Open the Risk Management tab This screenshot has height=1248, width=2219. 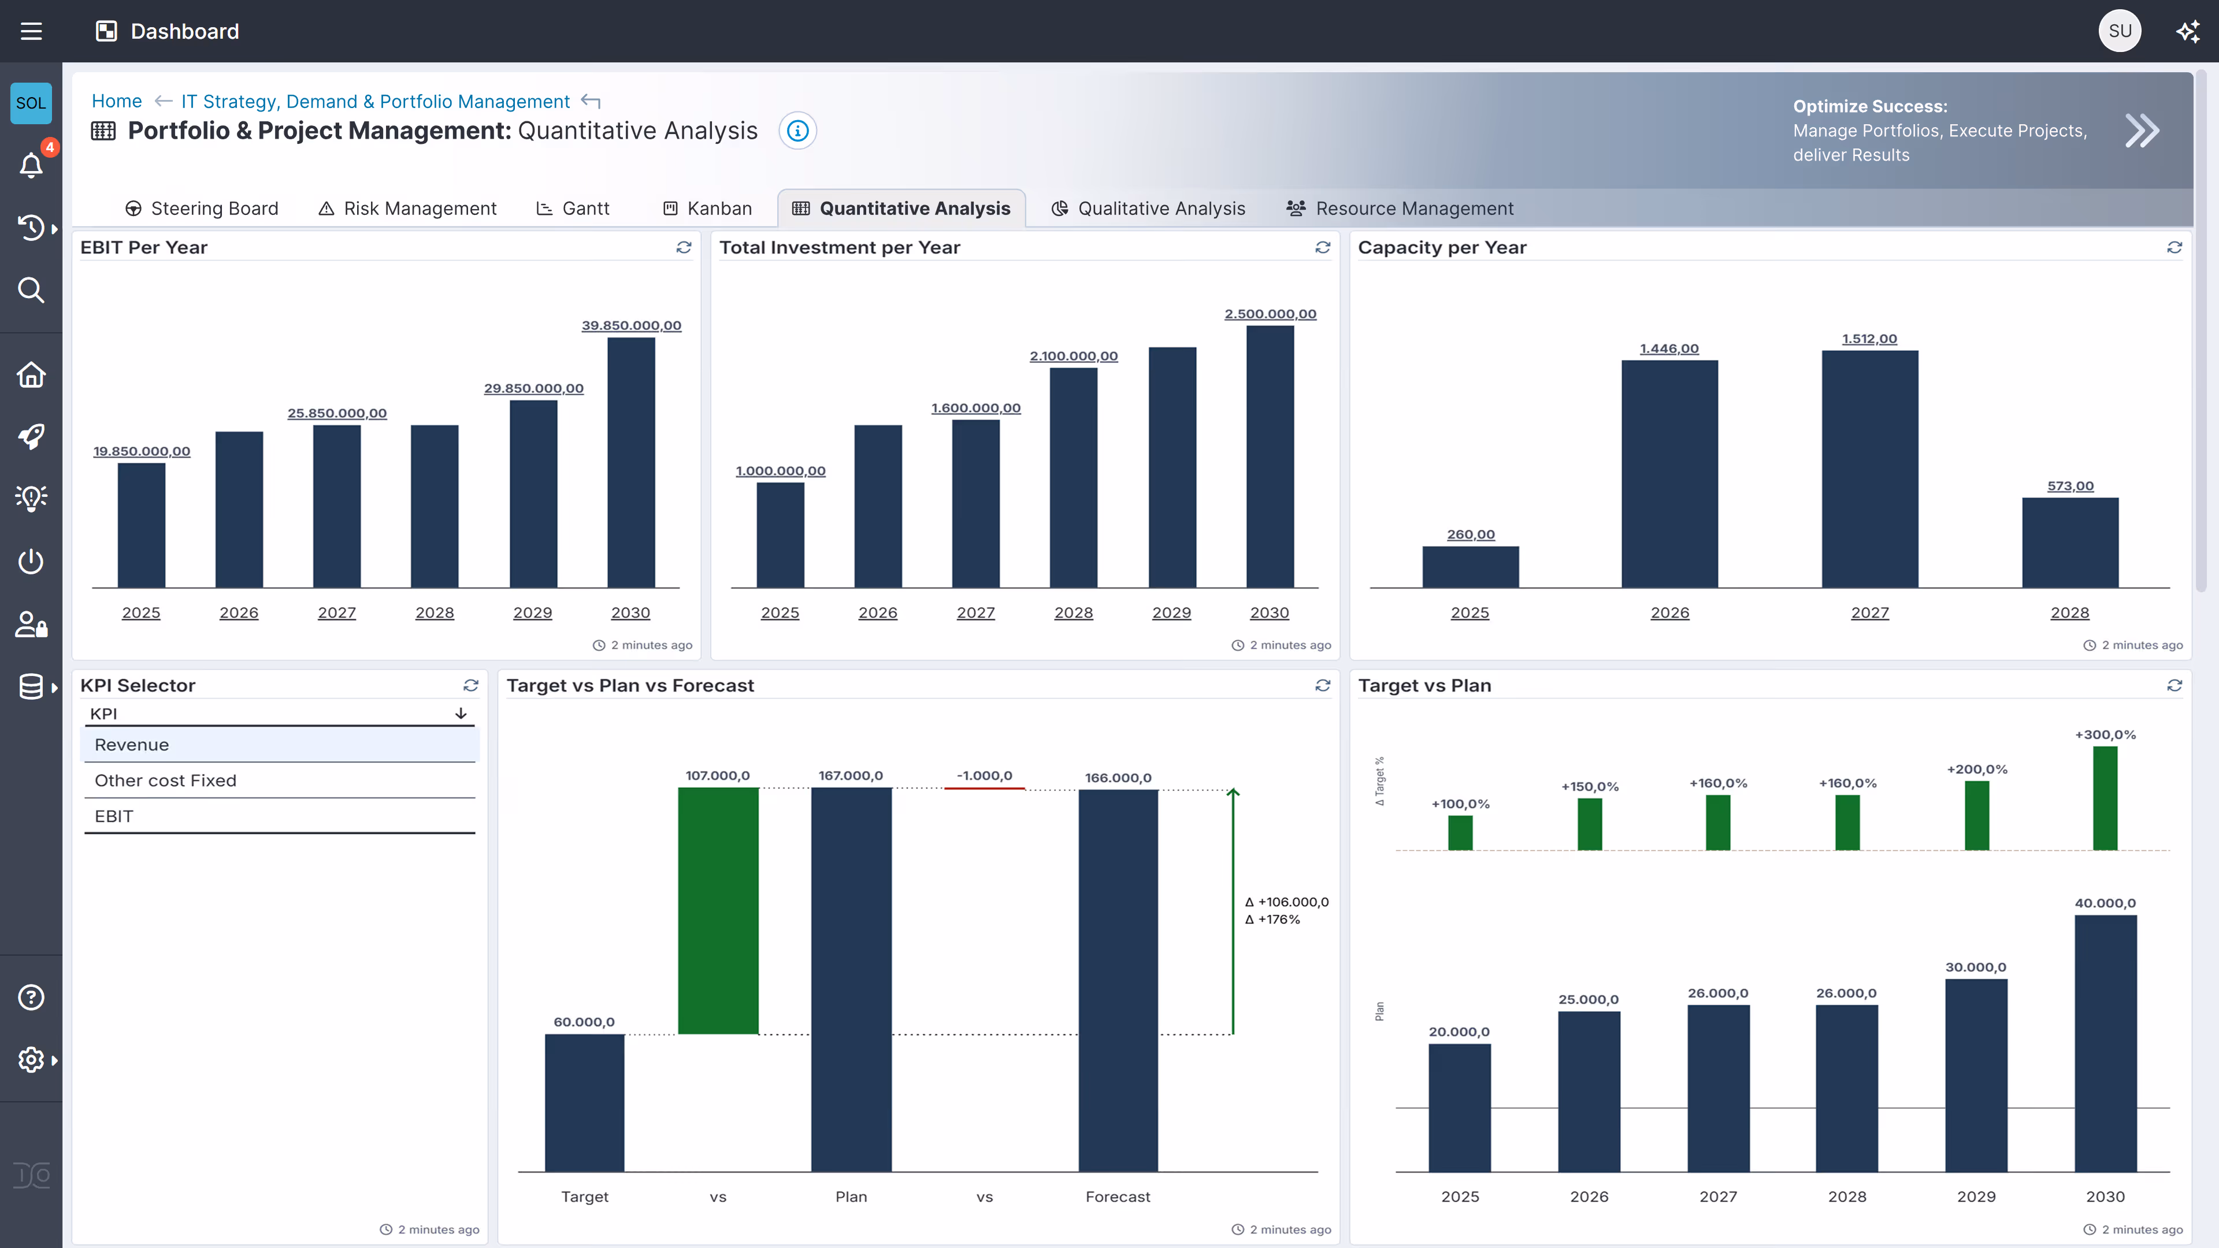coord(409,209)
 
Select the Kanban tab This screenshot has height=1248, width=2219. coord(708,209)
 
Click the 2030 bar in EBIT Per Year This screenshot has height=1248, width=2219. coord(630,462)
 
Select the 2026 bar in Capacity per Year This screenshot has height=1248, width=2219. coord(1669,474)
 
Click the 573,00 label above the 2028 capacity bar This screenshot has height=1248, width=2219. coord(2070,486)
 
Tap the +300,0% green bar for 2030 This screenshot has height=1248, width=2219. coord(2105,798)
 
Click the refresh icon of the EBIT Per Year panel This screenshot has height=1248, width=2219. coord(684,247)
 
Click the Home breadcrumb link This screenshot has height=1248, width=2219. coord(116,101)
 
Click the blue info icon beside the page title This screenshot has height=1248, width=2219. coord(797,131)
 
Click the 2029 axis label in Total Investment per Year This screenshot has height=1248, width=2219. coord(1171,612)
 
